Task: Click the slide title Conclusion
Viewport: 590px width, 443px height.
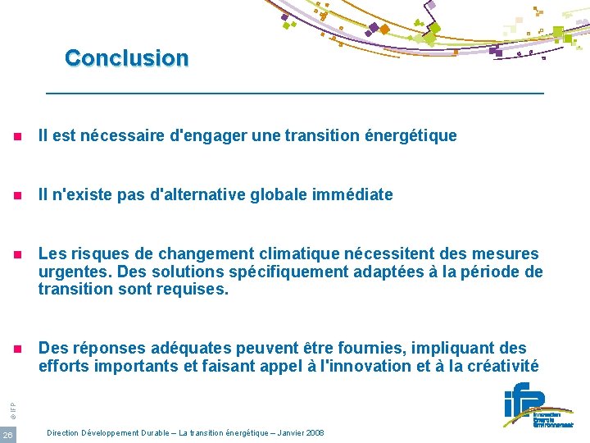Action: point(127,58)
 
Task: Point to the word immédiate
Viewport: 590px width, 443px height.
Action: point(352,195)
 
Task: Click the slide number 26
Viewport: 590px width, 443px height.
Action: point(8,434)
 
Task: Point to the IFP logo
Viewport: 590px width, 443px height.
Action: point(538,408)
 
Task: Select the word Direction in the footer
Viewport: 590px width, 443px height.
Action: point(64,432)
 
